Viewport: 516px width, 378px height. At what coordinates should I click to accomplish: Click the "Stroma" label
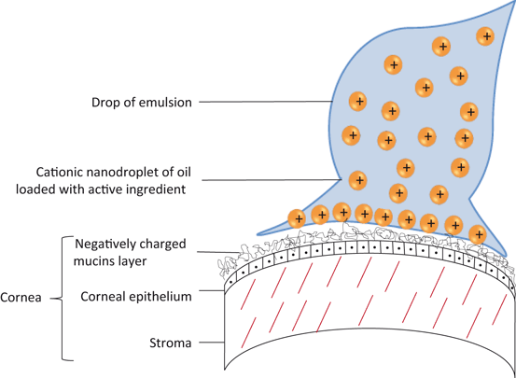point(170,343)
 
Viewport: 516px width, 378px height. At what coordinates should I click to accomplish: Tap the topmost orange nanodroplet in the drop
point(485,36)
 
